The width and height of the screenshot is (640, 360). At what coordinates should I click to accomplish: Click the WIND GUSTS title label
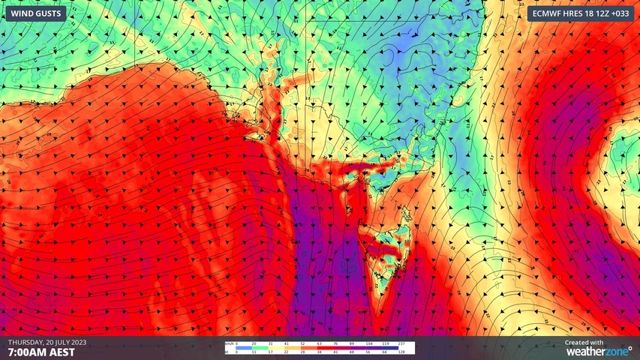click(34, 13)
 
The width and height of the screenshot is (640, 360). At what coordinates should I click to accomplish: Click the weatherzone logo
click(598, 350)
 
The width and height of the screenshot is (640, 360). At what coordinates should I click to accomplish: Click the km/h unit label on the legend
click(227, 343)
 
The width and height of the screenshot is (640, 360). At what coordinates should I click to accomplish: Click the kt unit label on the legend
click(225, 352)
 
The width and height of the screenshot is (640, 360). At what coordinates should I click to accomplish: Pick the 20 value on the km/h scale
click(254, 343)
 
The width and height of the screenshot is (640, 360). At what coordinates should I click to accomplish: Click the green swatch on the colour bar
click(260, 348)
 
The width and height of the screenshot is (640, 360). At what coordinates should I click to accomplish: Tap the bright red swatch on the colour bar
click(326, 348)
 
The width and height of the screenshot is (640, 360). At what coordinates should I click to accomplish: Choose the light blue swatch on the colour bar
click(244, 348)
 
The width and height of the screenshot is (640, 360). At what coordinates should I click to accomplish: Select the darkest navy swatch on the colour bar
click(390, 348)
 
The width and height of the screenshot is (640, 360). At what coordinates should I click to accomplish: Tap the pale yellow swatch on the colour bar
click(276, 348)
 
